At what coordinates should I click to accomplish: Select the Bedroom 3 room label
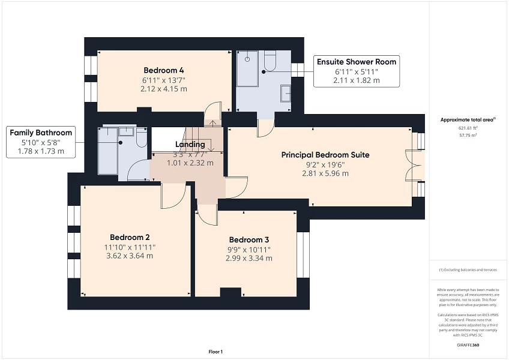coord(248,239)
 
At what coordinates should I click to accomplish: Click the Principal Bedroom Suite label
coord(325,155)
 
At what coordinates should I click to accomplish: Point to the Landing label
coord(190,145)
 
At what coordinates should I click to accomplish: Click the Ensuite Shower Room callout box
coord(357,71)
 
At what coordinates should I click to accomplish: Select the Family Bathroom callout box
coord(41,142)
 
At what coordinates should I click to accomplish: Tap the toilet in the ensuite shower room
coord(270,61)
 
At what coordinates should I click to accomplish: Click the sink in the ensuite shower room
coord(286,92)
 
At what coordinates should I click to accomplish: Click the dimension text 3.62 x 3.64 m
coord(129,256)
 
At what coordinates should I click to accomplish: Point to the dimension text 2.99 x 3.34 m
coord(248,259)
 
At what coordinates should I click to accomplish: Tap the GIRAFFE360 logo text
coord(467,344)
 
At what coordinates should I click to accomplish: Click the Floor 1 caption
coord(215,351)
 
